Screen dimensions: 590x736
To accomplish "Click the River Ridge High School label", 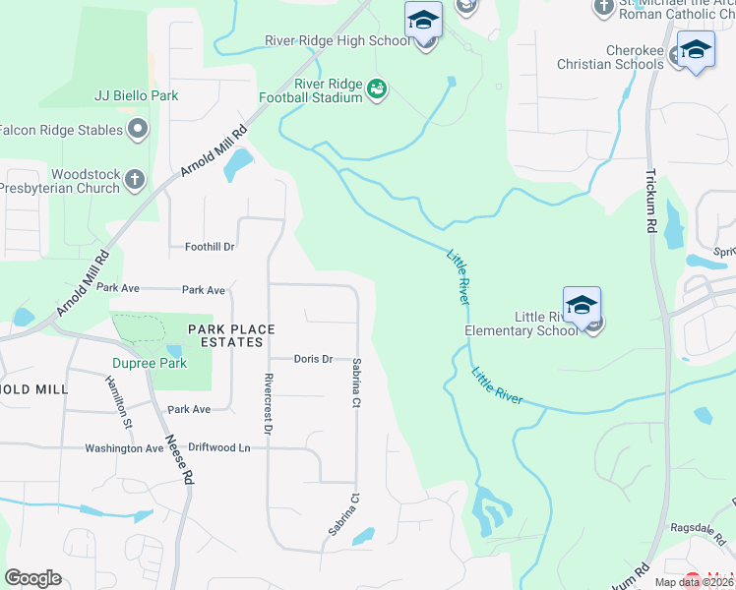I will (x=337, y=40).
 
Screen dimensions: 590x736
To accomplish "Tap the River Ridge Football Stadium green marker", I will (x=376, y=90).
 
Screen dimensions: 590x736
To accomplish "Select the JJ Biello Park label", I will (x=136, y=96).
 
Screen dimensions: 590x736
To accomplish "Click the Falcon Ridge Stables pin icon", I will (x=138, y=129).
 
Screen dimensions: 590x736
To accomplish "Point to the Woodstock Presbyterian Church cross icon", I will (x=135, y=179).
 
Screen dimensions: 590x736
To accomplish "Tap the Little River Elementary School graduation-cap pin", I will (x=582, y=305).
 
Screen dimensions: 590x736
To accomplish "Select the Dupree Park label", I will (x=138, y=362).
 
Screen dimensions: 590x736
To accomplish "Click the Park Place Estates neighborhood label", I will (x=217, y=335).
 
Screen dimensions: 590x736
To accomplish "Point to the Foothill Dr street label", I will (x=210, y=248).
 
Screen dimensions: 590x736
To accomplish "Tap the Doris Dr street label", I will (x=314, y=359).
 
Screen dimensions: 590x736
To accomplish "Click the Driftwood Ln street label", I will (x=219, y=447).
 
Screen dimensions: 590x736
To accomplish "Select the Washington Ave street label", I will (x=124, y=447).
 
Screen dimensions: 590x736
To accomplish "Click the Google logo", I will (x=32, y=578).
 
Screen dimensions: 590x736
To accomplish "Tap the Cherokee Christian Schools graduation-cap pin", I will (x=695, y=51).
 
